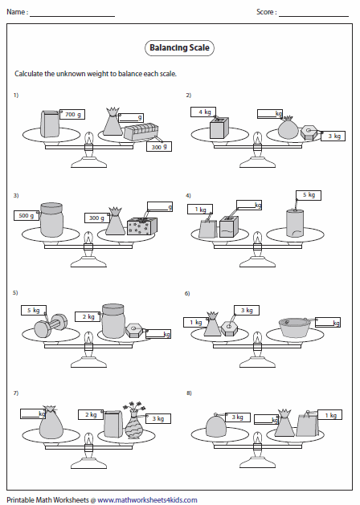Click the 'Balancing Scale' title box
point(180,48)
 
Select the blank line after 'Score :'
point(313,14)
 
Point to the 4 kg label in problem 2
point(206,112)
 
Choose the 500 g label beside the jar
point(26,215)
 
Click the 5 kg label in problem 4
point(308,195)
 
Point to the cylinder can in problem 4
point(297,222)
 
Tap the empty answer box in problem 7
point(31,413)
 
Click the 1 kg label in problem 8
point(329,415)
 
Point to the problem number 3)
point(15,195)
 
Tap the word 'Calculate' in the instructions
point(29,74)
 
